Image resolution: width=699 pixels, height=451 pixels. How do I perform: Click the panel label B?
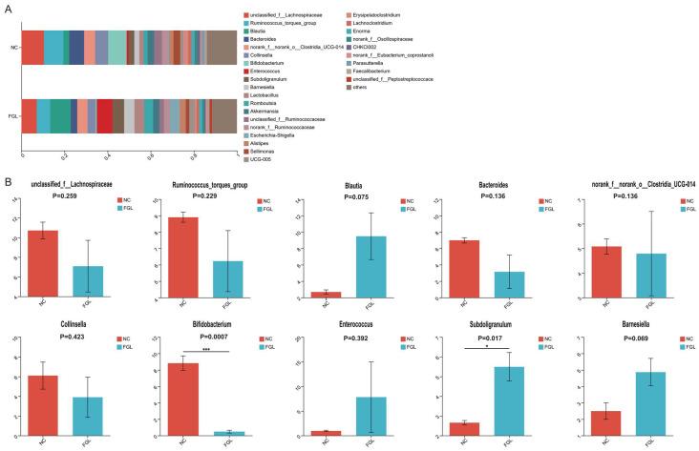pos(8,177)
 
